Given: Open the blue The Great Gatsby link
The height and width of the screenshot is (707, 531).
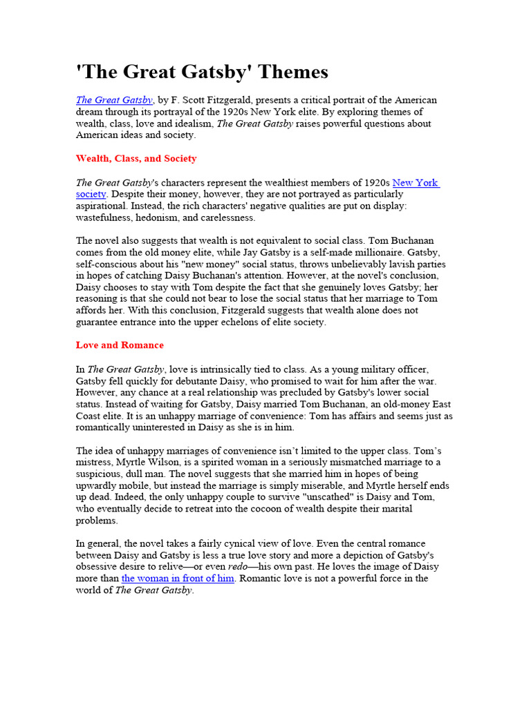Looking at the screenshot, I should (114, 100).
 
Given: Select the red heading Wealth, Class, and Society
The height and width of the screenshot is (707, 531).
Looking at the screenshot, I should (136, 158).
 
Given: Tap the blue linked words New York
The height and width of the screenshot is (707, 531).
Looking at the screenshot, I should (416, 183).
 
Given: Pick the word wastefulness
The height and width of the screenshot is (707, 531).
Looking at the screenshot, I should (107, 217).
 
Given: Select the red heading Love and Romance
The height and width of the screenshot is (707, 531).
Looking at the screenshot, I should (120, 345).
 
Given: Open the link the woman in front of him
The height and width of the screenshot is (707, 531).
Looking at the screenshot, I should (178, 579).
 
